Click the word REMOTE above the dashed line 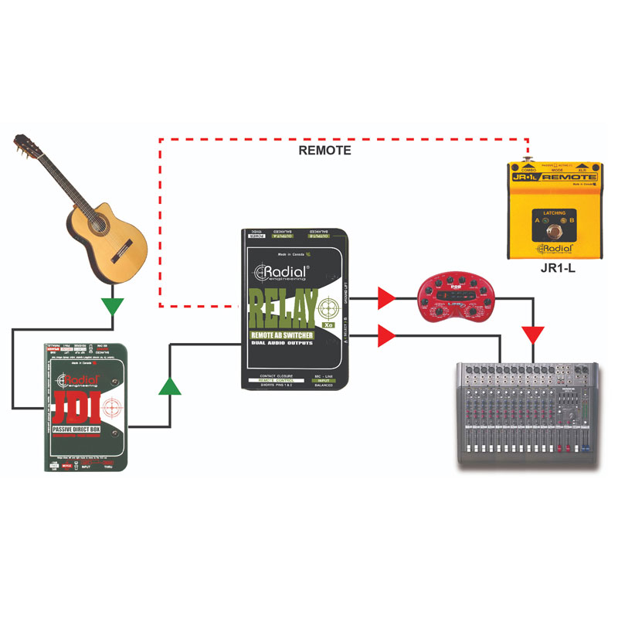pos(324,151)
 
